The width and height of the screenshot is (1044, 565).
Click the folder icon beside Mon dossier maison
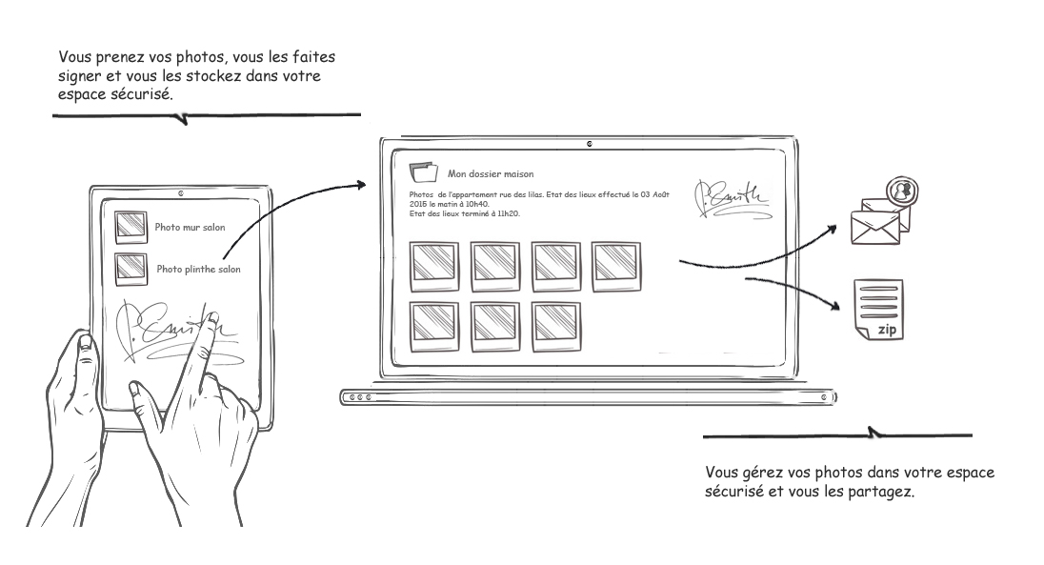pos(420,172)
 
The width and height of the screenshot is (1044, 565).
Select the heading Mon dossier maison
pos(491,174)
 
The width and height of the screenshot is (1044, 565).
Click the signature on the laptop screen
pos(730,197)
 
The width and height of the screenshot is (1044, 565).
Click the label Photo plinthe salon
pos(198,269)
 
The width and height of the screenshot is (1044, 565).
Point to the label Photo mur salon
pos(190,228)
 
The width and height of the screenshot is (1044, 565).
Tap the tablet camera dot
pos(181,192)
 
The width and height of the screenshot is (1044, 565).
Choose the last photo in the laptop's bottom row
pos(555,325)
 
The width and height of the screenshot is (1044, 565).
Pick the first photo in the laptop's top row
pos(434,266)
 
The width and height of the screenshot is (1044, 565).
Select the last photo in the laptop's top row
pos(616,266)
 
